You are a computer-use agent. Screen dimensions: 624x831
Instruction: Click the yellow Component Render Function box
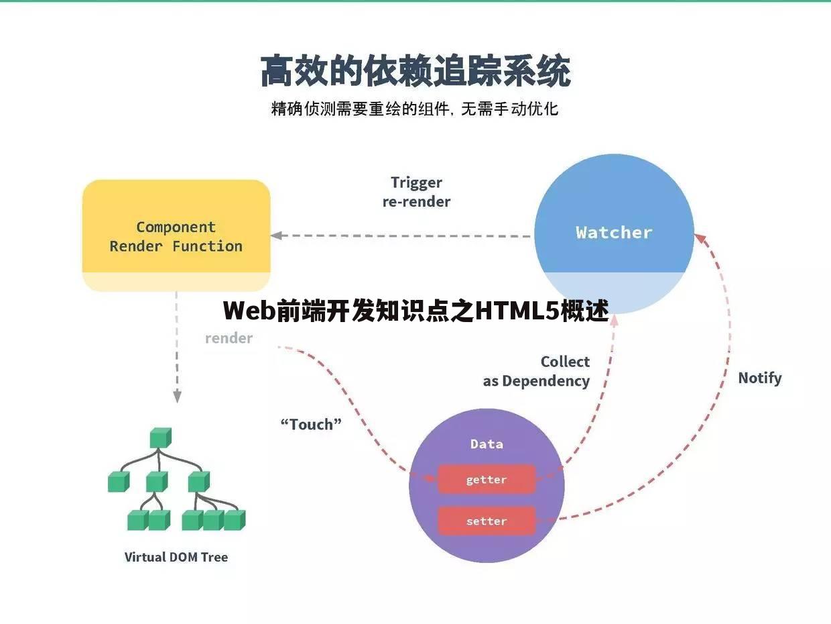176,236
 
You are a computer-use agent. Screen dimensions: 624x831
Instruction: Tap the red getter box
487,480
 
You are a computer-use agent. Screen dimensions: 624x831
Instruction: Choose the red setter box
487,521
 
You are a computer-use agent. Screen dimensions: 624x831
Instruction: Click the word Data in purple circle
487,444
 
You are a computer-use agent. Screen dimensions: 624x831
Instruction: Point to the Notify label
759,378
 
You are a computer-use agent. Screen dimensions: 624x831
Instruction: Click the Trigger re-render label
416,192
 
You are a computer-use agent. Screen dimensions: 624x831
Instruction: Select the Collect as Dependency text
537,371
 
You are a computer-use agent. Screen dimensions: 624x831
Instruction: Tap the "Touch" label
311,424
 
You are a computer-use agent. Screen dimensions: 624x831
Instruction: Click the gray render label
229,338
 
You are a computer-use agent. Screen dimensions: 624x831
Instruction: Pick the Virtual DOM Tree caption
176,557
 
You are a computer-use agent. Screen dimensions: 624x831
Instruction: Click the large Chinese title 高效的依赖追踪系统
415,72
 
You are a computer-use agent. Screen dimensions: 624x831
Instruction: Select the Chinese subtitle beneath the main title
415,109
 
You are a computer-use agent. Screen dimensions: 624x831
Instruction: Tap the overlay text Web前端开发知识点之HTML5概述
415,311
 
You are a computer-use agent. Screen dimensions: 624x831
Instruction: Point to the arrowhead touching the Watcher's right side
699,238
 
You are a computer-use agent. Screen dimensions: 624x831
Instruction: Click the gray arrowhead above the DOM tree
177,397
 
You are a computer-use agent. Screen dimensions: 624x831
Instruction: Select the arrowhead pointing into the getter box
431,477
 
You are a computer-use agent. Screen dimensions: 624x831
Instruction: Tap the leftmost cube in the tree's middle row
118,482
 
